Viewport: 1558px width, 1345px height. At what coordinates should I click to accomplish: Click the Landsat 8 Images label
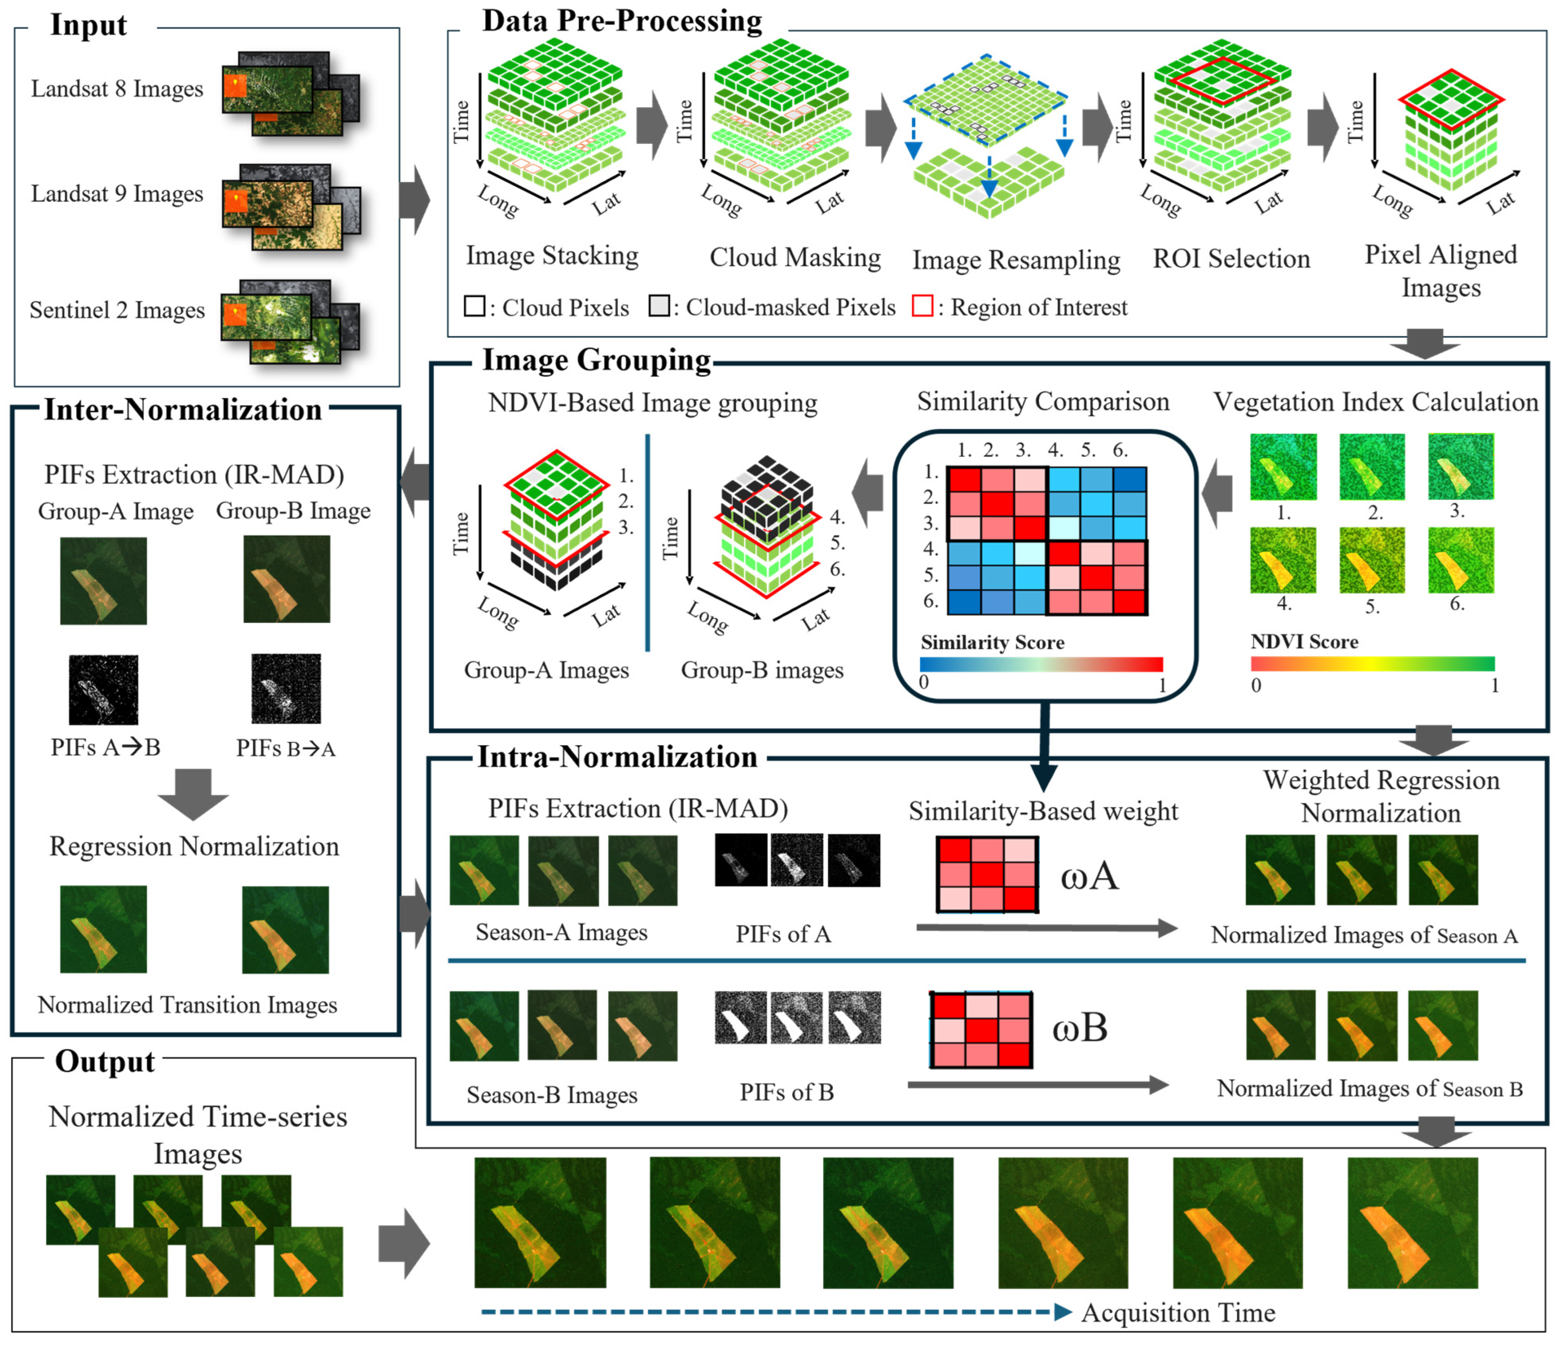pos(117,89)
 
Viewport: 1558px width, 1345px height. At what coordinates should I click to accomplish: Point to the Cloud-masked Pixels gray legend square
pos(659,306)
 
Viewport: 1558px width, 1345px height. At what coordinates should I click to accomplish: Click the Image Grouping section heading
pos(596,360)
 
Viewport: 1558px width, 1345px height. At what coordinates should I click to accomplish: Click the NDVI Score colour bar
pos(1372,663)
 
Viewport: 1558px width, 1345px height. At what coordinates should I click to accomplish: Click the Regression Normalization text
pos(194,846)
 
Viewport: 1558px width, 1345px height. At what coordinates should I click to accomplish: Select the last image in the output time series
pos(1412,1223)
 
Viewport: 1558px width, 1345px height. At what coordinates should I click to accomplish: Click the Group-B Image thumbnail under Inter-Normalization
pos(287,579)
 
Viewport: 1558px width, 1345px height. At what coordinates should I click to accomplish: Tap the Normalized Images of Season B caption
pos(1369,1089)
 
